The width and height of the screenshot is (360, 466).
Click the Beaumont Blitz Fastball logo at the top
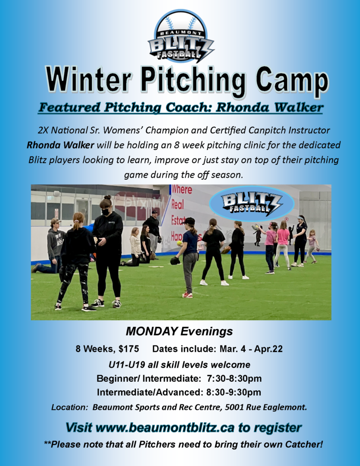coord(181,36)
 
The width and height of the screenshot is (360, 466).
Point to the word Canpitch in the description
coord(269,131)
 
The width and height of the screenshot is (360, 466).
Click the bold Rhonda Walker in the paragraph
coord(61,145)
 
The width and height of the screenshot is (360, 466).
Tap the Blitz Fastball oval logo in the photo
coord(252,204)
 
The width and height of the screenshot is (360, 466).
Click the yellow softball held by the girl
coord(180,243)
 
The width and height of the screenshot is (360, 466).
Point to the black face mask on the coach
coord(105,212)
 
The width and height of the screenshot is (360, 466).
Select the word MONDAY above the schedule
coord(152,331)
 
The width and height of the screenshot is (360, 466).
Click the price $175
coord(129,349)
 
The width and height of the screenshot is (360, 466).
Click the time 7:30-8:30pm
coord(234,379)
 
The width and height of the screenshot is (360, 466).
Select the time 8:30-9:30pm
coord(233,392)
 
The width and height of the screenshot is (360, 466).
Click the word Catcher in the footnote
coord(303,444)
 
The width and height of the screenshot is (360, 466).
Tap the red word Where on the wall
coord(182,189)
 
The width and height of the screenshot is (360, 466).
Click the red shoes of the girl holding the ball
coord(188,294)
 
